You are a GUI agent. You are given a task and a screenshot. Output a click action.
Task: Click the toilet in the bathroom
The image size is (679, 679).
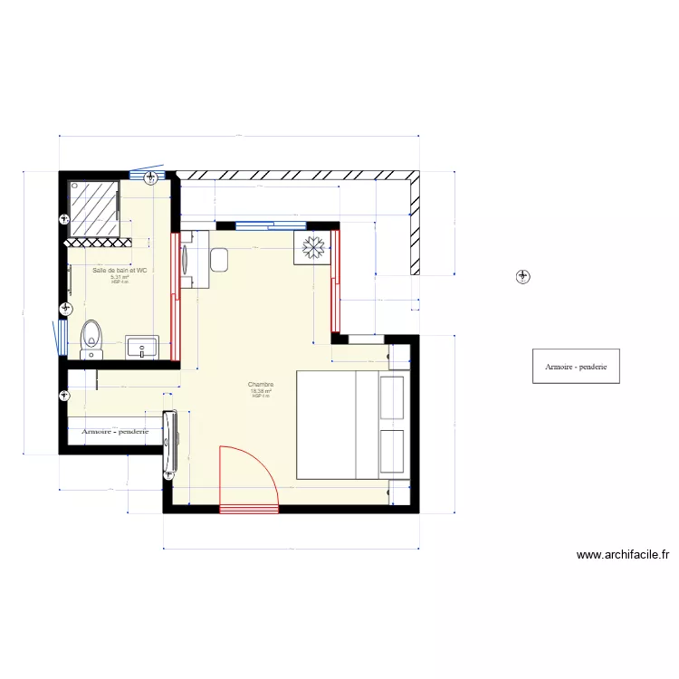91,337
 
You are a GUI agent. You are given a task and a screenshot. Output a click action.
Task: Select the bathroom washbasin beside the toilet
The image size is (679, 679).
142,347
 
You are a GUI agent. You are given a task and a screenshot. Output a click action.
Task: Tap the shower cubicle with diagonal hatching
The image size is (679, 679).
94,206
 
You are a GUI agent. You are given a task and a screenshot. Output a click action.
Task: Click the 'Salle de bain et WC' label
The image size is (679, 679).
120,270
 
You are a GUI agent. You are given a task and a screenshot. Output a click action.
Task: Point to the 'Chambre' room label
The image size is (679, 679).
261,385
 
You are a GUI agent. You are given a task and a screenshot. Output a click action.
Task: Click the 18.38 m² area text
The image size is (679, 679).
261,391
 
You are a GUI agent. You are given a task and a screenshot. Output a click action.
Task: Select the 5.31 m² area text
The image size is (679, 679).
120,277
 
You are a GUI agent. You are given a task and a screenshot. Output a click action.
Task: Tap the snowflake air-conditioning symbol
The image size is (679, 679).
313,247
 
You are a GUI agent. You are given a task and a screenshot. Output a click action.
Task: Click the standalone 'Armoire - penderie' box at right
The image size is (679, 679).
576,366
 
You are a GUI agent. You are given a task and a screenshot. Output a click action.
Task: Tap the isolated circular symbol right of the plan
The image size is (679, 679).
523,276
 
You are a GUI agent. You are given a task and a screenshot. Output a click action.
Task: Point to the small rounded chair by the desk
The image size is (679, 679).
218,261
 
